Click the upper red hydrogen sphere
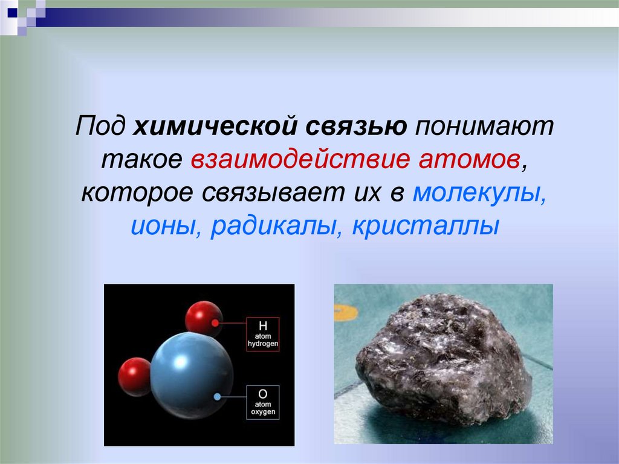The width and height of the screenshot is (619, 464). (204, 318)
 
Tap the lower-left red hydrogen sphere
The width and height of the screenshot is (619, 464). (134, 376)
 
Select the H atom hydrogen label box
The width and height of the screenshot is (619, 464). (262, 335)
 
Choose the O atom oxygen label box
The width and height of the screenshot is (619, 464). (262, 402)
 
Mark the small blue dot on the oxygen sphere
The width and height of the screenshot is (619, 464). (216, 397)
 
